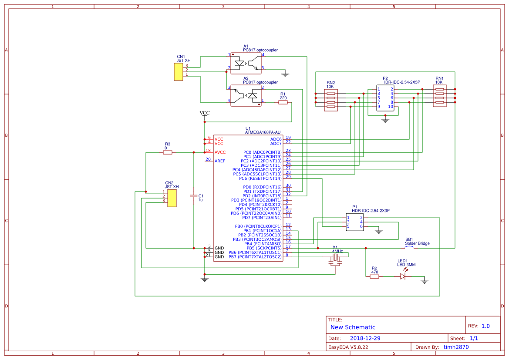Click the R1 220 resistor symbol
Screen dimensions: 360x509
point(283,102)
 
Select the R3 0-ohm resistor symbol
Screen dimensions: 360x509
point(168,152)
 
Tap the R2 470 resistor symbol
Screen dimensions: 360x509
point(374,276)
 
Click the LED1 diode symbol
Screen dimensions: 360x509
point(403,276)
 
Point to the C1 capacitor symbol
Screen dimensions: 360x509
point(194,196)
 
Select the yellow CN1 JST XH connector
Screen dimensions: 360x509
point(178,72)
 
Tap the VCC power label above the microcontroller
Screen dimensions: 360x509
point(204,113)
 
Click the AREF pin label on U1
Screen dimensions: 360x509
point(220,161)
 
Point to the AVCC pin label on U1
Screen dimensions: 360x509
point(220,152)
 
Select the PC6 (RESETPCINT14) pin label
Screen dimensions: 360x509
point(260,178)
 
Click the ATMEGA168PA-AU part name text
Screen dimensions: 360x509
point(263,132)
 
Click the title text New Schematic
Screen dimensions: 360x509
point(353,327)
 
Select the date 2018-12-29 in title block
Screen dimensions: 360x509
point(365,338)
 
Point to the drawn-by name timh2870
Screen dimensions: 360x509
point(456,347)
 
